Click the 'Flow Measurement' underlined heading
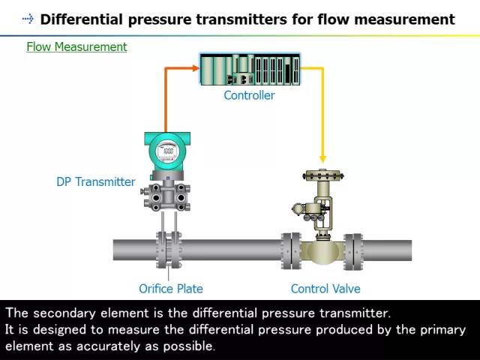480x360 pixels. coord(76,46)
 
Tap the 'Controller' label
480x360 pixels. coord(249,95)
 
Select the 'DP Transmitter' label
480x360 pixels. coord(96,181)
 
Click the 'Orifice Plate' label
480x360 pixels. coord(170,289)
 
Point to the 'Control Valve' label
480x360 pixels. coord(325,289)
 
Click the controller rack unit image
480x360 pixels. coord(250,70)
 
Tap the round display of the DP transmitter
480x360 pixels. coord(167,152)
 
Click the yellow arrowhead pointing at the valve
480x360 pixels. coord(322,159)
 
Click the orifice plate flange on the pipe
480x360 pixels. coord(168,250)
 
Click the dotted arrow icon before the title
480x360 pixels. coord(28,19)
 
